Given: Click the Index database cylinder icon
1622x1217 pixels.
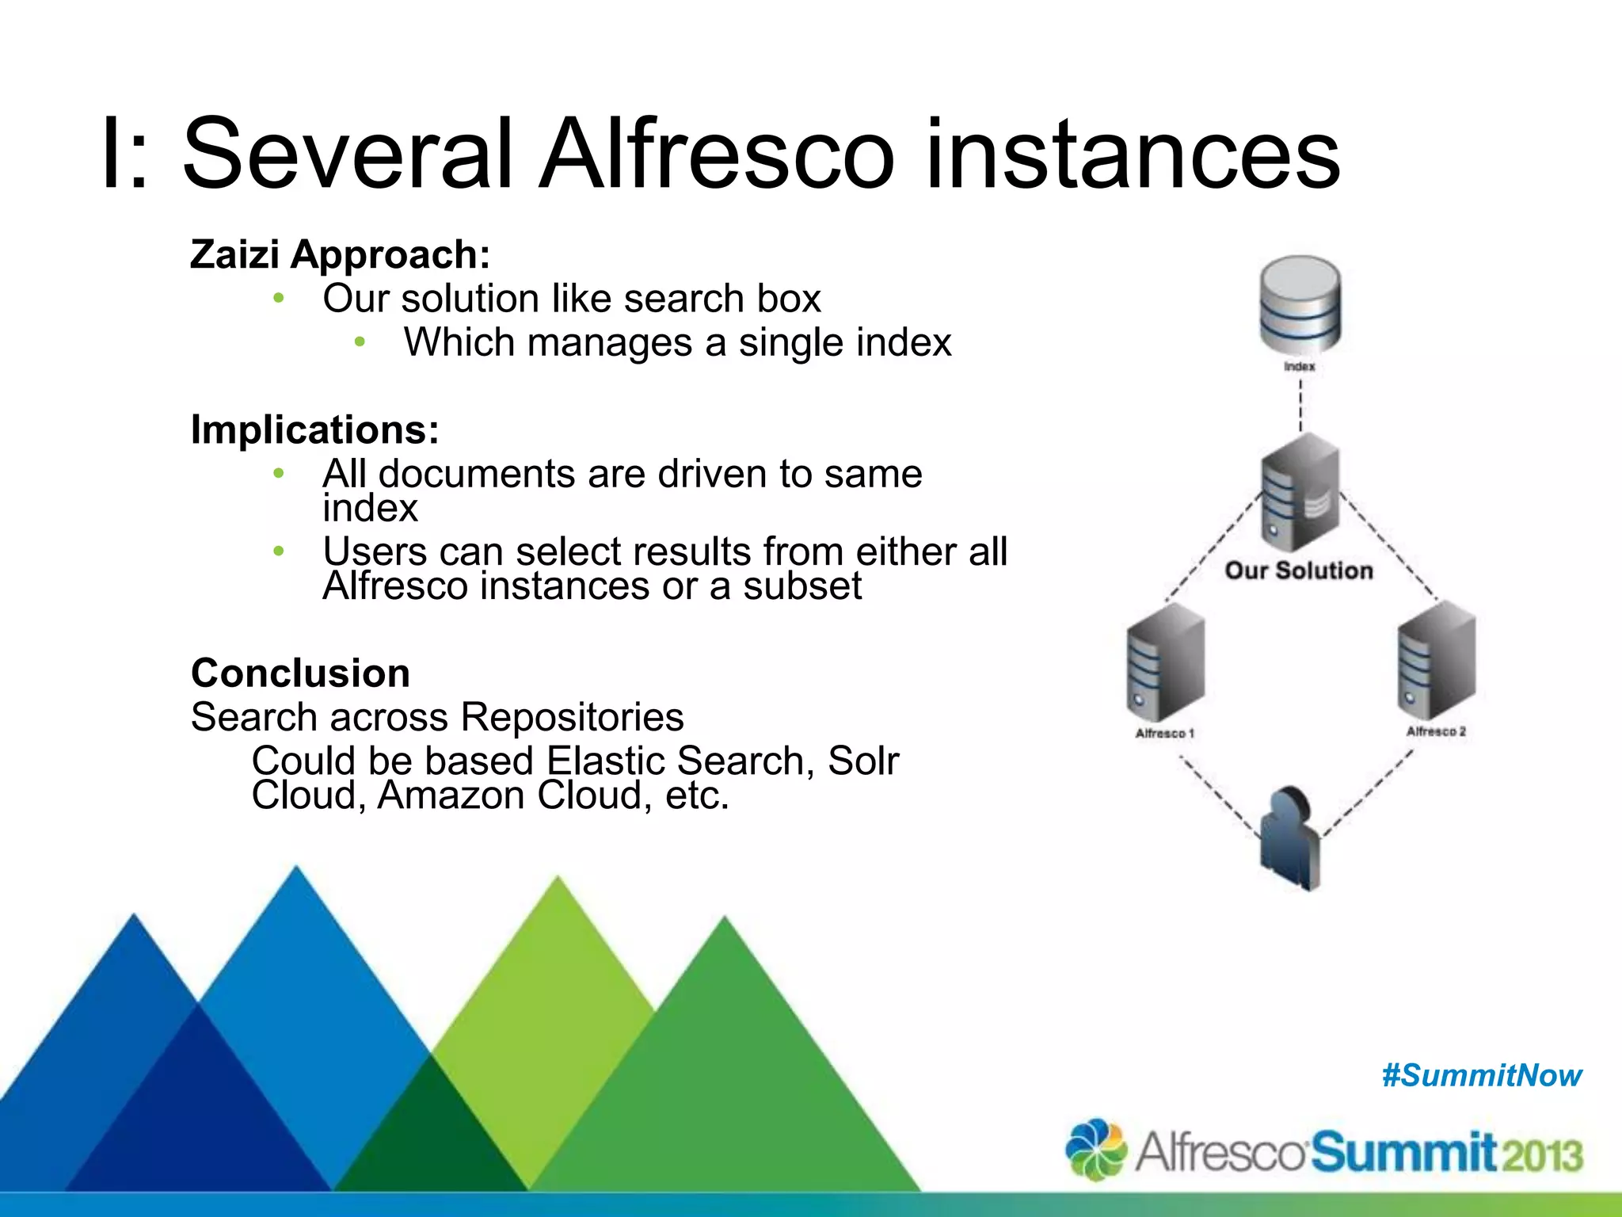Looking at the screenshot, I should point(1300,305).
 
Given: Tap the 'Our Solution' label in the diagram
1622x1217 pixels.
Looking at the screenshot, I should point(1298,570).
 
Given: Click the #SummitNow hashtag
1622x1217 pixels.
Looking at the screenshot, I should point(1481,1075).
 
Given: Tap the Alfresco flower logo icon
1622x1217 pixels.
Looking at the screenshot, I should point(1096,1149).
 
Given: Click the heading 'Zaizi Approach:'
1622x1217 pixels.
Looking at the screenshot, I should point(340,254).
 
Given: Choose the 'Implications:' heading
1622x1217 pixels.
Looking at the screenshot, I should point(314,429).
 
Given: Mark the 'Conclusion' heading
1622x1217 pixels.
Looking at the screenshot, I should point(300,673).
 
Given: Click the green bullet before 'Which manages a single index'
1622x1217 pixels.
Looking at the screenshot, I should point(360,342).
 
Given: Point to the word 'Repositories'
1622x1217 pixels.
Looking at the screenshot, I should point(572,717).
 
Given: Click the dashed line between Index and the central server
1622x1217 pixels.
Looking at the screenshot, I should point(1300,405).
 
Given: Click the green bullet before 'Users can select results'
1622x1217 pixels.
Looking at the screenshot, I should point(278,551).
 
